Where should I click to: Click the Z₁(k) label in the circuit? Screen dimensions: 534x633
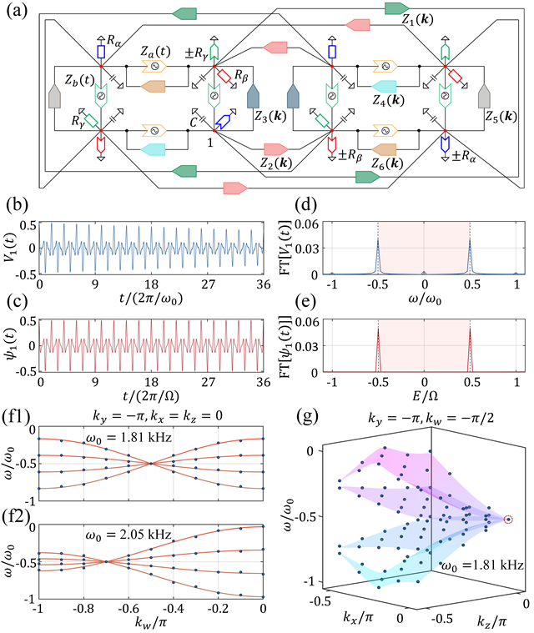[x=417, y=19]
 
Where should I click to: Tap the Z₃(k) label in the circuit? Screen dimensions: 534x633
[x=270, y=116]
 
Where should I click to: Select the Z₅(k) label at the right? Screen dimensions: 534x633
[x=501, y=117]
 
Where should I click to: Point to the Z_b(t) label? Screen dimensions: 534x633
[x=79, y=79]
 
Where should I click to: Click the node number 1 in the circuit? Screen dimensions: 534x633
[x=210, y=142]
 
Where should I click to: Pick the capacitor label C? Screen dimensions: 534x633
[x=194, y=122]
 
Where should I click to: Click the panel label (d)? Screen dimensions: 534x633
[x=305, y=204]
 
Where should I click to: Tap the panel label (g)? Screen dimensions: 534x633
[x=307, y=416]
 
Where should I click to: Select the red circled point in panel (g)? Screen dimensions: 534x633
[x=508, y=519]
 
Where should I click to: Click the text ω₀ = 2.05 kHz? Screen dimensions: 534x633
[x=128, y=535]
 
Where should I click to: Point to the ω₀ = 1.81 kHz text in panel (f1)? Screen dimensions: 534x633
[x=128, y=437]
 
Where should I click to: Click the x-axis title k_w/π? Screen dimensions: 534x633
[x=151, y=623]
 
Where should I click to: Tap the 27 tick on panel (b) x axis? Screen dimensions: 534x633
[x=208, y=284]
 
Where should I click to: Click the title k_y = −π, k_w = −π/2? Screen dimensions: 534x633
[x=431, y=418]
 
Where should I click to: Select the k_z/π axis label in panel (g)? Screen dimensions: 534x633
[x=491, y=620]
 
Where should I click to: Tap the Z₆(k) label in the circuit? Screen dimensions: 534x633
[x=387, y=163]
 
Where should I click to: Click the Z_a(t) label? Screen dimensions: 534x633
[x=155, y=51]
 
